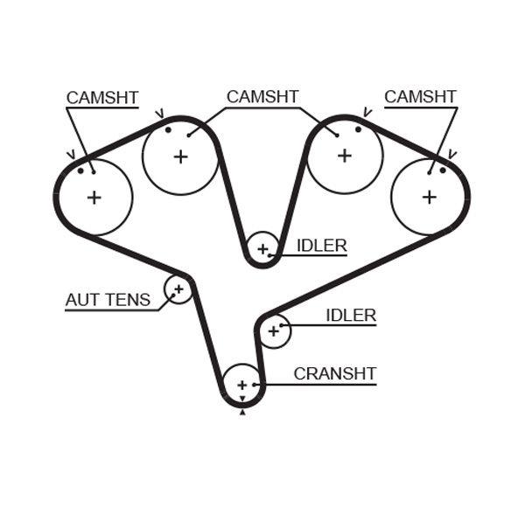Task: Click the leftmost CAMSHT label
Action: (102, 98)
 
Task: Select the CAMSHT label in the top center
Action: (262, 97)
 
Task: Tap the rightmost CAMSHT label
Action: (420, 97)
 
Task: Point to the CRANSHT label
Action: (334, 374)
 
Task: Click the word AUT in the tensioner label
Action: (82, 301)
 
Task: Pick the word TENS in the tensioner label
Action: (128, 301)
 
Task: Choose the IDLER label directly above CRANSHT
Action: (350, 316)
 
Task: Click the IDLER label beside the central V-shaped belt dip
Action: (321, 247)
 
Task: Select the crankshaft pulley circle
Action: (242, 385)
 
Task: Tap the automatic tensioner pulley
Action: (178, 289)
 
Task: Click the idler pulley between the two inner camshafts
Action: (262, 248)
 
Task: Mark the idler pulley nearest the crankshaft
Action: (274, 331)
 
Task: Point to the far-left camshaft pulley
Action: (94, 198)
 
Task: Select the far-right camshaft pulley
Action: (429, 198)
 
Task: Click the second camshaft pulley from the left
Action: (180, 157)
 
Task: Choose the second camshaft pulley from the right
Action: (345, 156)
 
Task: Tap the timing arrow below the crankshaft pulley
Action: (242, 412)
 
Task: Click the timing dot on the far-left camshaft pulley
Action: (80, 171)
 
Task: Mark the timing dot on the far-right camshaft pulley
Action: (443, 170)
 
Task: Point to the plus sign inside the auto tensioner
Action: (178, 288)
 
